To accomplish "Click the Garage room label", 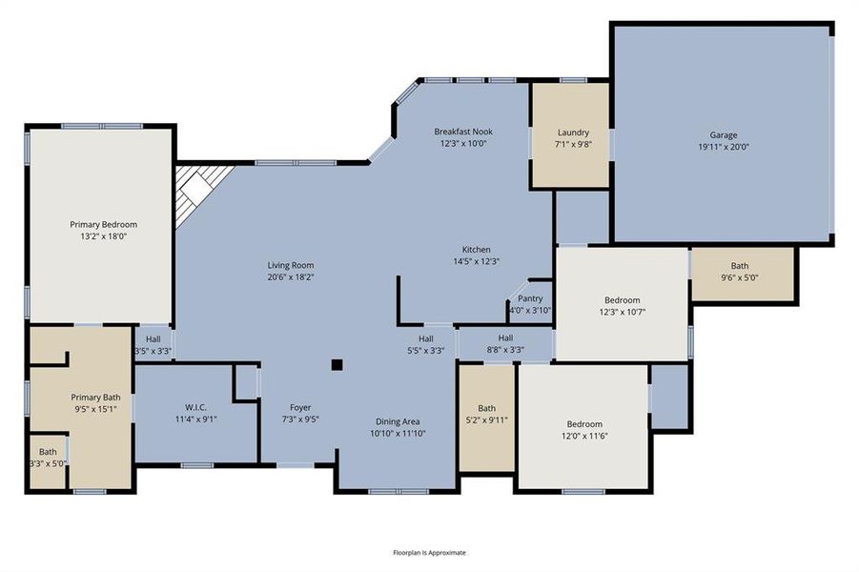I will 723,135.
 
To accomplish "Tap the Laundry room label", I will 573,133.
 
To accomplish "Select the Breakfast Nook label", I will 463,132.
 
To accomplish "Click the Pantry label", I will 530,298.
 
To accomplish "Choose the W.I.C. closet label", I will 195,407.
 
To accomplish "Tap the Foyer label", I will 299,407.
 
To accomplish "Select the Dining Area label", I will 398,420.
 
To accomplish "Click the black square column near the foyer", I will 337,363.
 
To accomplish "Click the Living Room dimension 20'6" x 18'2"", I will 290,277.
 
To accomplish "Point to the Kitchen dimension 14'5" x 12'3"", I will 476,261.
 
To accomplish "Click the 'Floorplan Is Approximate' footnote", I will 429,552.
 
